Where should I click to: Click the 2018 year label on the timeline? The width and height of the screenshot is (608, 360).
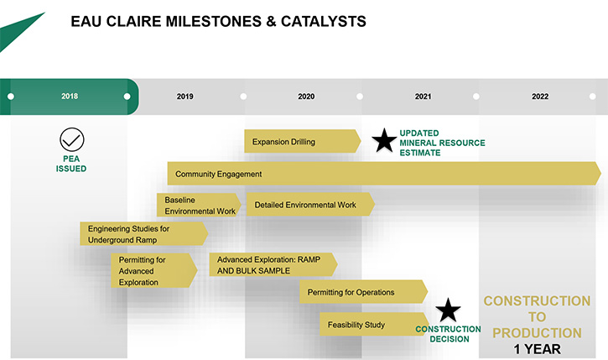tap(70, 97)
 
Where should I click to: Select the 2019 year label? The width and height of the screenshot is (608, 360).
tap(185, 97)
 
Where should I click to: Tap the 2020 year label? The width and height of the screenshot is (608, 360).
tap(306, 97)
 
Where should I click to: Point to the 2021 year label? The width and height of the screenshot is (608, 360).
tap(423, 97)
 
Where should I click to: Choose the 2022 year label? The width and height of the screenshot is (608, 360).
tap(540, 97)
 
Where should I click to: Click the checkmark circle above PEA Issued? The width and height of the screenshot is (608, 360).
tap(72, 139)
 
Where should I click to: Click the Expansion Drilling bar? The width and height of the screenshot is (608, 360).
tap(303, 141)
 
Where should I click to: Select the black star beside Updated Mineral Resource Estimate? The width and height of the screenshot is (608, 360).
tap(384, 140)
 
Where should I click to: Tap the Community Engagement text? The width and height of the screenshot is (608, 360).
tap(218, 175)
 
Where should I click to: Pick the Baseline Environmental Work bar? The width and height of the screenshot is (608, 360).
tap(199, 205)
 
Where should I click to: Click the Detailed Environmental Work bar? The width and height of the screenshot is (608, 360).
tap(310, 205)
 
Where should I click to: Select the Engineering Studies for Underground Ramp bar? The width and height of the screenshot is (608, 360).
tap(144, 233)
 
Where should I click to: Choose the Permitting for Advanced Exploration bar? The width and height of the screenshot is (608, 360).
tap(154, 270)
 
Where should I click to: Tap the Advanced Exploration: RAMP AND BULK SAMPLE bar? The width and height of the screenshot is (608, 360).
tap(273, 264)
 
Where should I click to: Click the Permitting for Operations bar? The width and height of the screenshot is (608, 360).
tap(363, 292)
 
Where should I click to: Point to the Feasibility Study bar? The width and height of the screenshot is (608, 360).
tap(375, 324)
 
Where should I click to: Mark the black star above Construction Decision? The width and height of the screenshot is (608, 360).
tap(448, 310)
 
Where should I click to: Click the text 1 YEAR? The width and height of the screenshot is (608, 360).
tap(537, 349)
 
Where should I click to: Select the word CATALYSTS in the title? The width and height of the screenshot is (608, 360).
tap(324, 21)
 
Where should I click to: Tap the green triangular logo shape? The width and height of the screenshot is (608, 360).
tap(18, 33)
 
